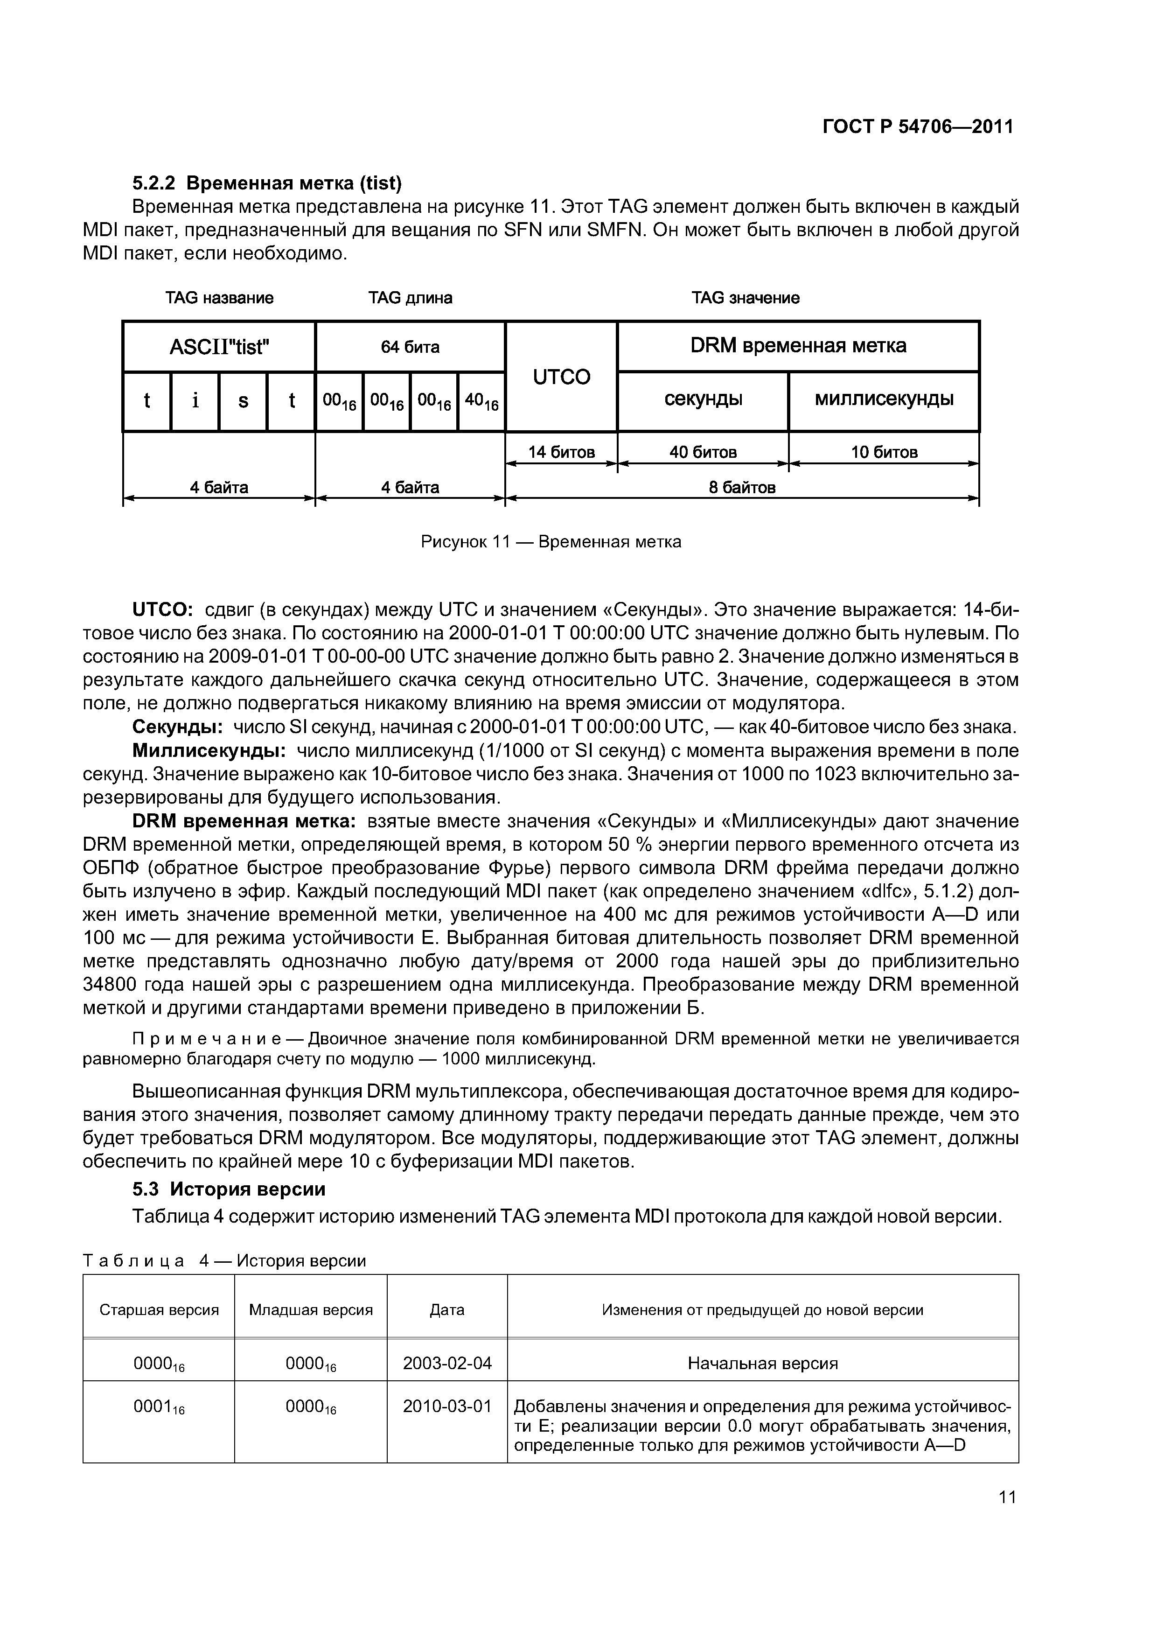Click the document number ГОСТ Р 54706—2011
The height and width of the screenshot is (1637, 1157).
[x=918, y=127]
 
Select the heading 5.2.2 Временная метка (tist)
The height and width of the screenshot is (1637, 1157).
[x=267, y=183]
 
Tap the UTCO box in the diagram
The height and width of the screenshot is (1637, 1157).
[x=561, y=377]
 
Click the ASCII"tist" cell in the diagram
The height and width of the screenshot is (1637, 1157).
[x=219, y=347]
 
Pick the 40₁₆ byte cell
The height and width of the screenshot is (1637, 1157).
[x=481, y=401]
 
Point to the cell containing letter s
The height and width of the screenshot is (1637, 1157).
[x=243, y=401]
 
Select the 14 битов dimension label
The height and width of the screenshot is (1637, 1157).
[x=561, y=452]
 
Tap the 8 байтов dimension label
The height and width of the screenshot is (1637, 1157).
[x=741, y=488]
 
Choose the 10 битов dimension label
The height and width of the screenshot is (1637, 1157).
[x=884, y=452]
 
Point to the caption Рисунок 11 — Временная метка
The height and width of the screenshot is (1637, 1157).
[x=551, y=542]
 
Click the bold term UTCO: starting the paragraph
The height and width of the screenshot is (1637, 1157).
[x=162, y=609]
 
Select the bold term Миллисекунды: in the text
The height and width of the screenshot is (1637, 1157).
[x=209, y=751]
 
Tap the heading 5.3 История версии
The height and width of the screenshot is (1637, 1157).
[x=229, y=1189]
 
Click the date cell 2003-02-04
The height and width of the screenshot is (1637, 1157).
[x=447, y=1363]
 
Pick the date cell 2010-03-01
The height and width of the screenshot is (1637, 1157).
[x=447, y=1406]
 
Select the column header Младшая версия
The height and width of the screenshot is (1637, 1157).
[x=311, y=1310]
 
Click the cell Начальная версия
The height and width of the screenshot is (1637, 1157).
[x=762, y=1363]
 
